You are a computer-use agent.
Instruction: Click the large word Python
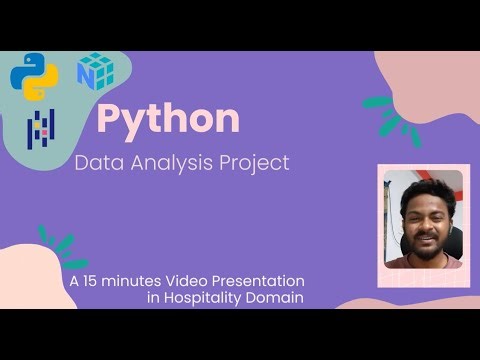coord(168,119)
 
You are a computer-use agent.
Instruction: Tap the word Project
coord(256,163)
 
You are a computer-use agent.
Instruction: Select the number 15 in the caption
coord(93,281)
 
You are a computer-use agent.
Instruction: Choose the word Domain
coord(276,298)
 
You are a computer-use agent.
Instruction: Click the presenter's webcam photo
coord(424,219)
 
